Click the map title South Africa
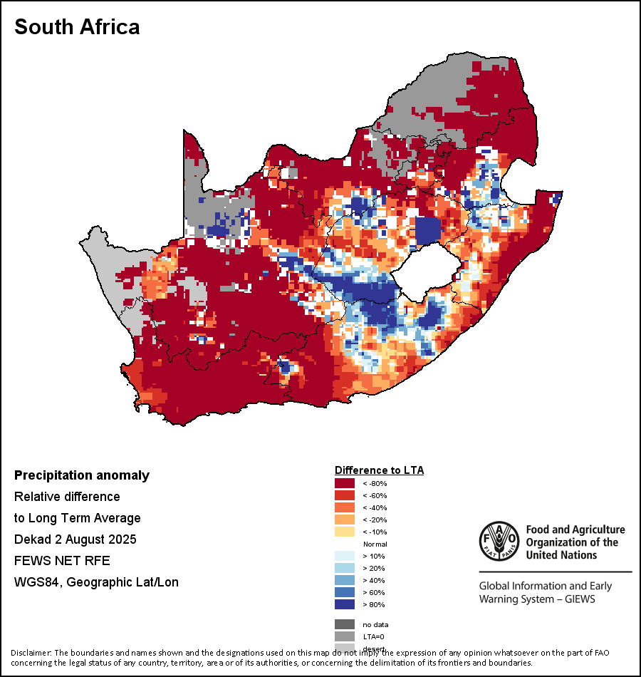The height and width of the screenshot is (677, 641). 77,27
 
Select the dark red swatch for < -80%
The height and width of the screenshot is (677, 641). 345,483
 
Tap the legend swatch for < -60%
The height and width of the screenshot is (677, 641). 345,495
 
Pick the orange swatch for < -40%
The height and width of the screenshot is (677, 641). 345,507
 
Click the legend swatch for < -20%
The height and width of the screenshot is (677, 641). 345,520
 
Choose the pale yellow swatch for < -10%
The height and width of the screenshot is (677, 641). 345,532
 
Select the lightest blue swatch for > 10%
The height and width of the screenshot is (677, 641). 345,556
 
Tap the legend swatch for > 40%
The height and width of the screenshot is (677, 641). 345,580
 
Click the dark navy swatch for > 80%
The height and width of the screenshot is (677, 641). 345,604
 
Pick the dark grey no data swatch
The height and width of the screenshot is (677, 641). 345,624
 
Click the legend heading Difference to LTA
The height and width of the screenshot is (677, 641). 379,470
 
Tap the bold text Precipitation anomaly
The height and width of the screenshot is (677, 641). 82,475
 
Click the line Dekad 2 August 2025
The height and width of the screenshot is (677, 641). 75,539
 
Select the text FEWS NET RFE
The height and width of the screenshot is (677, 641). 62,561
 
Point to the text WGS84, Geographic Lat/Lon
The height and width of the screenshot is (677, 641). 96,582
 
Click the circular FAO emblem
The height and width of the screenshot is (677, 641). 499,541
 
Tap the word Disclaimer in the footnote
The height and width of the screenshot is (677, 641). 30,653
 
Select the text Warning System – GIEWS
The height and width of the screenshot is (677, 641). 537,599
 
